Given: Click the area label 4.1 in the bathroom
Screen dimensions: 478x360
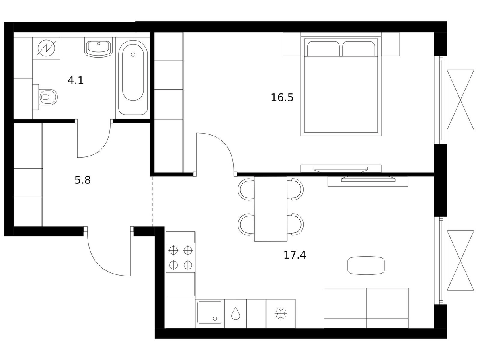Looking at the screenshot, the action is [75, 80].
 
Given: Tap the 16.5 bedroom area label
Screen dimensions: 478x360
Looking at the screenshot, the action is [282, 97].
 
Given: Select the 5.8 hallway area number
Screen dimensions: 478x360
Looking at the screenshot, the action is [82, 180].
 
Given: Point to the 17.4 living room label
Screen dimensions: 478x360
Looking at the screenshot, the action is [295, 255].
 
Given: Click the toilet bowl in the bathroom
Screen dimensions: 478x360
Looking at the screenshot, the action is [48, 97].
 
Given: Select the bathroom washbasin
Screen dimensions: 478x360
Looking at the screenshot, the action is [98, 49].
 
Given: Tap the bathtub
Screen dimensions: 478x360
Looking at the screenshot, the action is [133, 77].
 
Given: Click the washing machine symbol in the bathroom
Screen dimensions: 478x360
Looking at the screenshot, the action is [47, 48].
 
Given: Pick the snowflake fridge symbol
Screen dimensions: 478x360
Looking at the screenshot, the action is [281, 314].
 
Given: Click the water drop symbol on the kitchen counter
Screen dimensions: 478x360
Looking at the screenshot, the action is [235, 313].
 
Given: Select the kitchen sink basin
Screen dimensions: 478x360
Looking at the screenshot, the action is [210, 313].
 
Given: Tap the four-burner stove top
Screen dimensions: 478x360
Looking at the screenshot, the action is [181, 258].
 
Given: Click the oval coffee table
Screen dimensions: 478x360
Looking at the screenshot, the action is [366, 266].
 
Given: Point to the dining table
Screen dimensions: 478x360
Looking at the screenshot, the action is [271, 209].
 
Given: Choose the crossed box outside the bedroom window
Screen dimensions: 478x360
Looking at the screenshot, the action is [460, 100].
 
